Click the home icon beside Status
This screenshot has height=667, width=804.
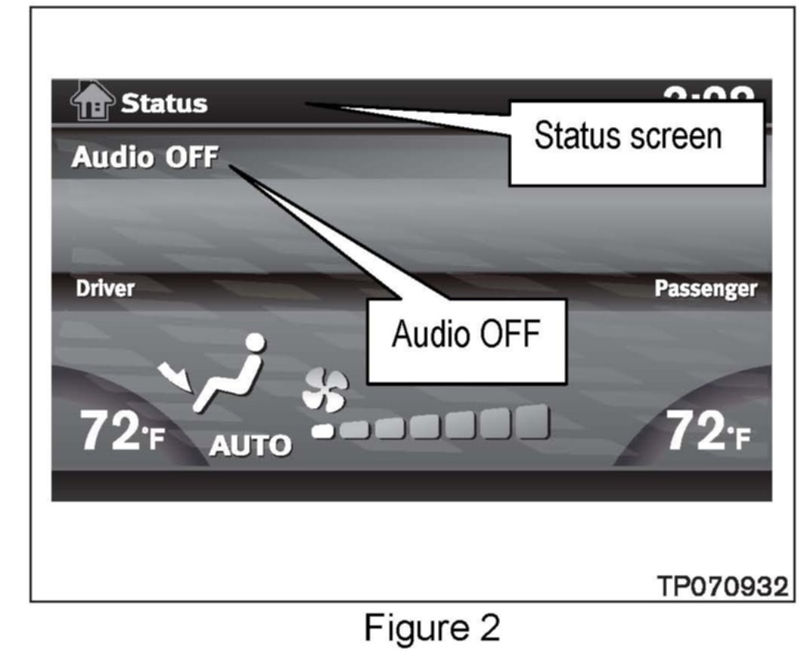pyautogui.click(x=92, y=102)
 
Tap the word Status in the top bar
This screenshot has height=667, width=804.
pyautogui.click(x=164, y=103)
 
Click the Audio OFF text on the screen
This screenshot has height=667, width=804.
pyautogui.click(x=144, y=158)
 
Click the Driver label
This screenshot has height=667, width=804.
pyautogui.click(x=104, y=289)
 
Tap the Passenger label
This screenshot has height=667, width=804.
pyautogui.click(x=705, y=289)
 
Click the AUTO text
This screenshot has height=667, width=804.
pyautogui.click(x=250, y=446)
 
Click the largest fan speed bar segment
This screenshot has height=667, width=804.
pyautogui.click(x=532, y=422)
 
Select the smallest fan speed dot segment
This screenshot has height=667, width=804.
pyautogui.click(x=324, y=431)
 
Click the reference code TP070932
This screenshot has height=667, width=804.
pyautogui.click(x=722, y=586)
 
